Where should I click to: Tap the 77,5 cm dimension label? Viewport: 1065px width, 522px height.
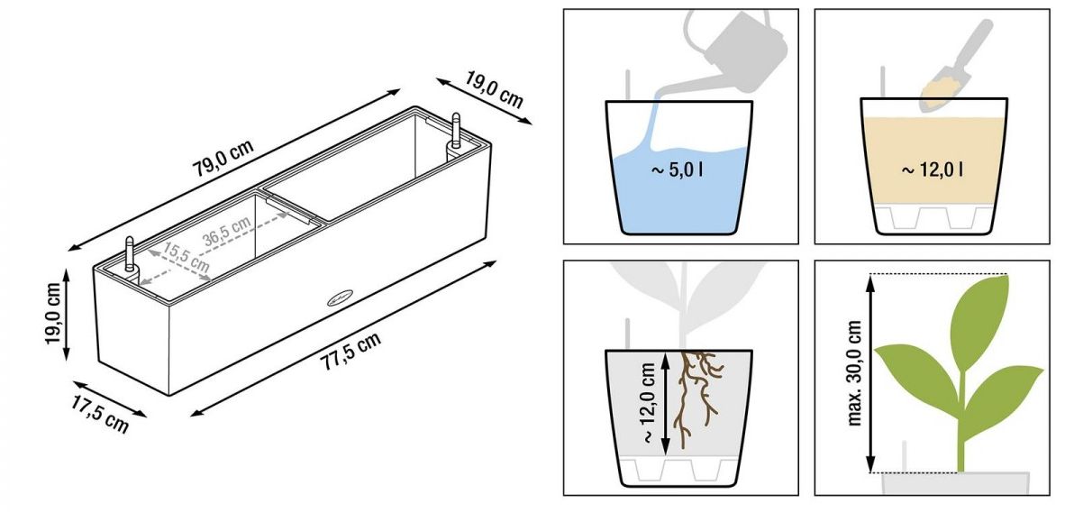click(x=350, y=351)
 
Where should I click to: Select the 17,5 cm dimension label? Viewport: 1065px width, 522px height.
click(x=99, y=414)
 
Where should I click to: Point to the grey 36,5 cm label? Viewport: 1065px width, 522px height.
click(x=227, y=230)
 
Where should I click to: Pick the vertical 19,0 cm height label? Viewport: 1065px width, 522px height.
click(x=54, y=313)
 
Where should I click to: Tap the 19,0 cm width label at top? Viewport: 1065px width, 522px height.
click(x=495, y=89)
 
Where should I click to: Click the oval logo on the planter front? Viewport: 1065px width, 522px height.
click(x=341, y=298)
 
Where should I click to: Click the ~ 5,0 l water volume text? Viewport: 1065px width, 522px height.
click(x=678, y=169)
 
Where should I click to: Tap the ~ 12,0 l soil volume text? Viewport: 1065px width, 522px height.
click(x=932, y=169)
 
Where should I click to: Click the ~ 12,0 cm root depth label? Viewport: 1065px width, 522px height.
click(x=649, y=402)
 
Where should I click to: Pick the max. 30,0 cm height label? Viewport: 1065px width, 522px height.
click(x=854, y=374)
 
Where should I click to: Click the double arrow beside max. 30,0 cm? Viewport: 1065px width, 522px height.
click(x=870, y=373)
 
